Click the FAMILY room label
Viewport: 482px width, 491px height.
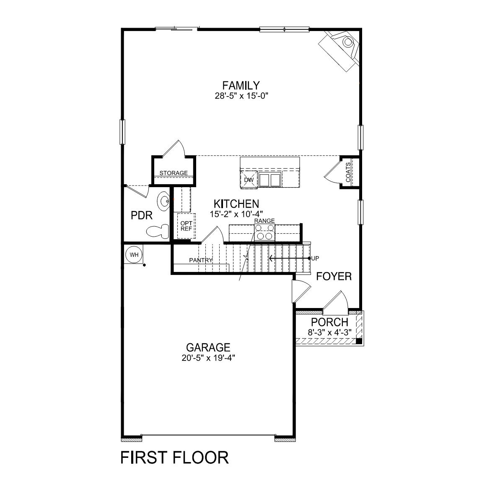pos(241,85)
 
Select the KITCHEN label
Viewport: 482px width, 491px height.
pos(236,204)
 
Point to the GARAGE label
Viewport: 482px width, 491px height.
pos(208,347)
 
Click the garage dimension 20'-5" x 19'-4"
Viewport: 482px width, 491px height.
pos(208,358)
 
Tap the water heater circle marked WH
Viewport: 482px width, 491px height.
pos(134,255)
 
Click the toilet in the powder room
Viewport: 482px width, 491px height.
pos(158,231)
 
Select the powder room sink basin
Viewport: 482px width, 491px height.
pos(164,201)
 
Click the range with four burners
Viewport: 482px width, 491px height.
pos(265,232)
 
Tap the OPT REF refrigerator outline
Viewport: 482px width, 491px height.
pos(186,226)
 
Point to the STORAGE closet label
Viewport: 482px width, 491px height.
pos(174,173)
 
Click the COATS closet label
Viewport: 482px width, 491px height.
pos(348,172)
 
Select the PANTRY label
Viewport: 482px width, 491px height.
pos(201,260)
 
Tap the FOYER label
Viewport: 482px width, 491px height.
pos(334,277)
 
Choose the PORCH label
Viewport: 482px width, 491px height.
pos(329,322)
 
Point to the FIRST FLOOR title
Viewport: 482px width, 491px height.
pos(174,457)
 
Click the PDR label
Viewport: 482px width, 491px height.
pos(141,216)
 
